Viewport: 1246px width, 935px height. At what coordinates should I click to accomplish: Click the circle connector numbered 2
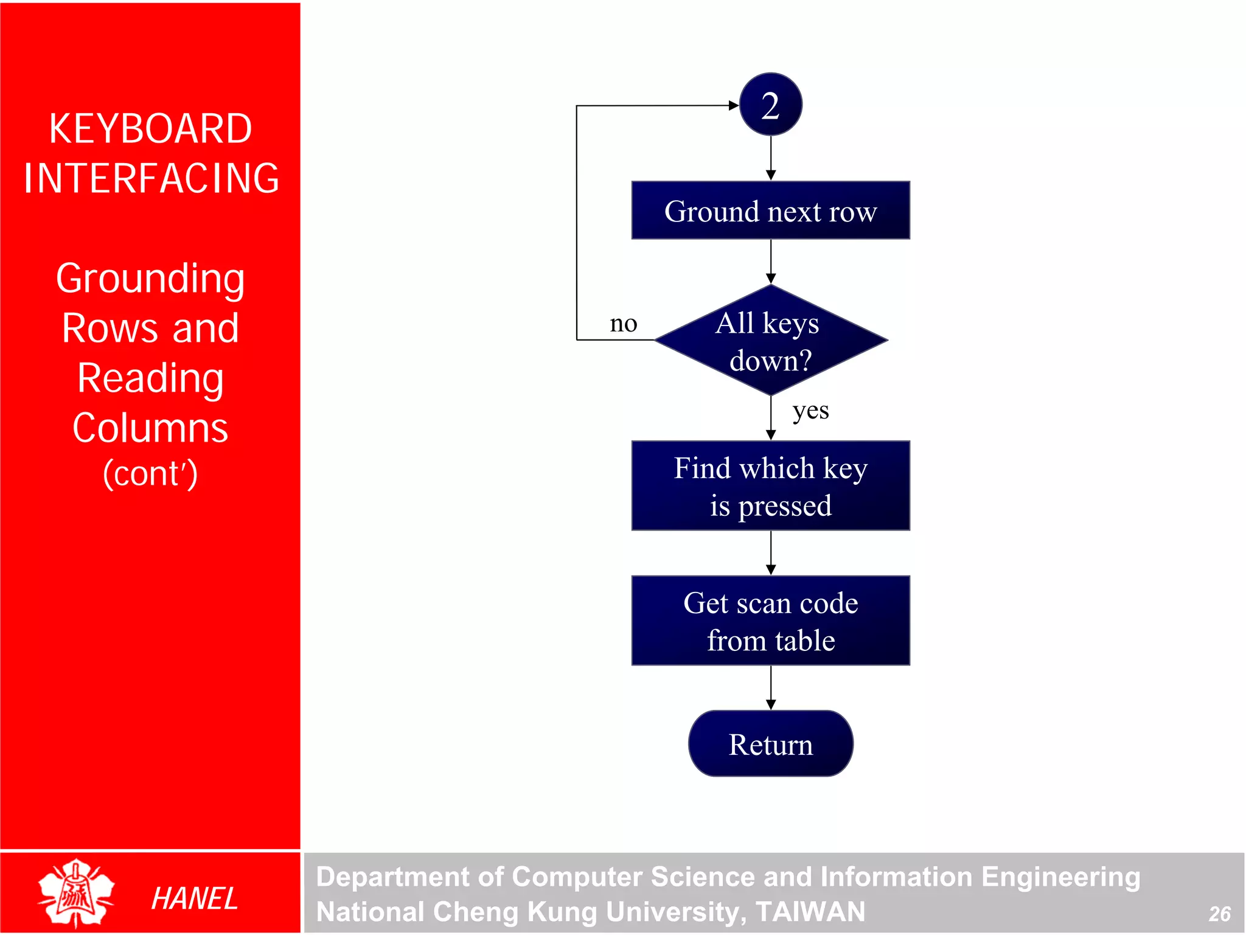click(x=770, y=105)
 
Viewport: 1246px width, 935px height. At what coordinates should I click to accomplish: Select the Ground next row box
click(x=770, y=210)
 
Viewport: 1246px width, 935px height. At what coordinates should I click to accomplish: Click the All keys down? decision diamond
click(x=770, y=341)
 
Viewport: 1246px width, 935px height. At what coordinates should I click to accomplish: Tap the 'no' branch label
click(x=624, y=324)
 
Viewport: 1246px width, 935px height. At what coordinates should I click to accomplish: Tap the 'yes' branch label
click(x=810, y=411)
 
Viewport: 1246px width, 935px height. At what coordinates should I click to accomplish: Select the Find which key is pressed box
click(x=770, y=486)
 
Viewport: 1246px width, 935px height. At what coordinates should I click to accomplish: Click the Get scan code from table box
click(x=770, y=621)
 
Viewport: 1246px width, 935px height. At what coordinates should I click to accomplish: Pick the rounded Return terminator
click(x=770, y=744)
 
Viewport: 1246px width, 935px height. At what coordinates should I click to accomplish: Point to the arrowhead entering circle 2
click(x=733, y=105)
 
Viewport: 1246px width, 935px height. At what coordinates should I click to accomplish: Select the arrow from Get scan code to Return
click(x=771, y=688)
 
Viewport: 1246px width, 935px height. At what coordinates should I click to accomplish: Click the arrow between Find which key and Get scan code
click(x=771, y=553)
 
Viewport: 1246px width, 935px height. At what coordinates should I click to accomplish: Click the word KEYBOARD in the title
click(x=150, y=129)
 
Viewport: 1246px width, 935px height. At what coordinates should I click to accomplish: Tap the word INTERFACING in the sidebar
click(x=151, y=178)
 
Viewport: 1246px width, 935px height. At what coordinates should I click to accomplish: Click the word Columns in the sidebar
click(x=150, y=428)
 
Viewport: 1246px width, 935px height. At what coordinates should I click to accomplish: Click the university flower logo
click(x=76, y=892)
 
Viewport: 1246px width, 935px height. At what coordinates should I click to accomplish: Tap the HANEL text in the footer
click(x=194, y=899)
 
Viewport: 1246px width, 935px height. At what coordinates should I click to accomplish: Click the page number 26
click(x=1219, y=914)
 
